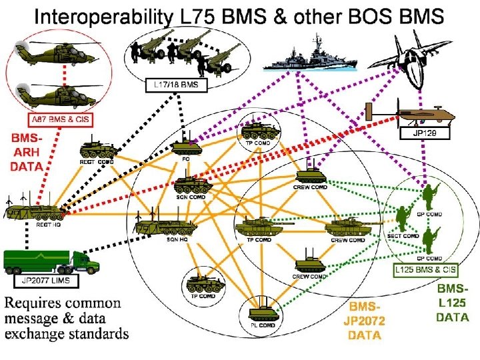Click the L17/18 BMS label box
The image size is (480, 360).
point(177,85)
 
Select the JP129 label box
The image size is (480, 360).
point(425,133)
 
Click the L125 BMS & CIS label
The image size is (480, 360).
point(425,270)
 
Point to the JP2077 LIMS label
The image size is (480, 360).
point(49,281)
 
